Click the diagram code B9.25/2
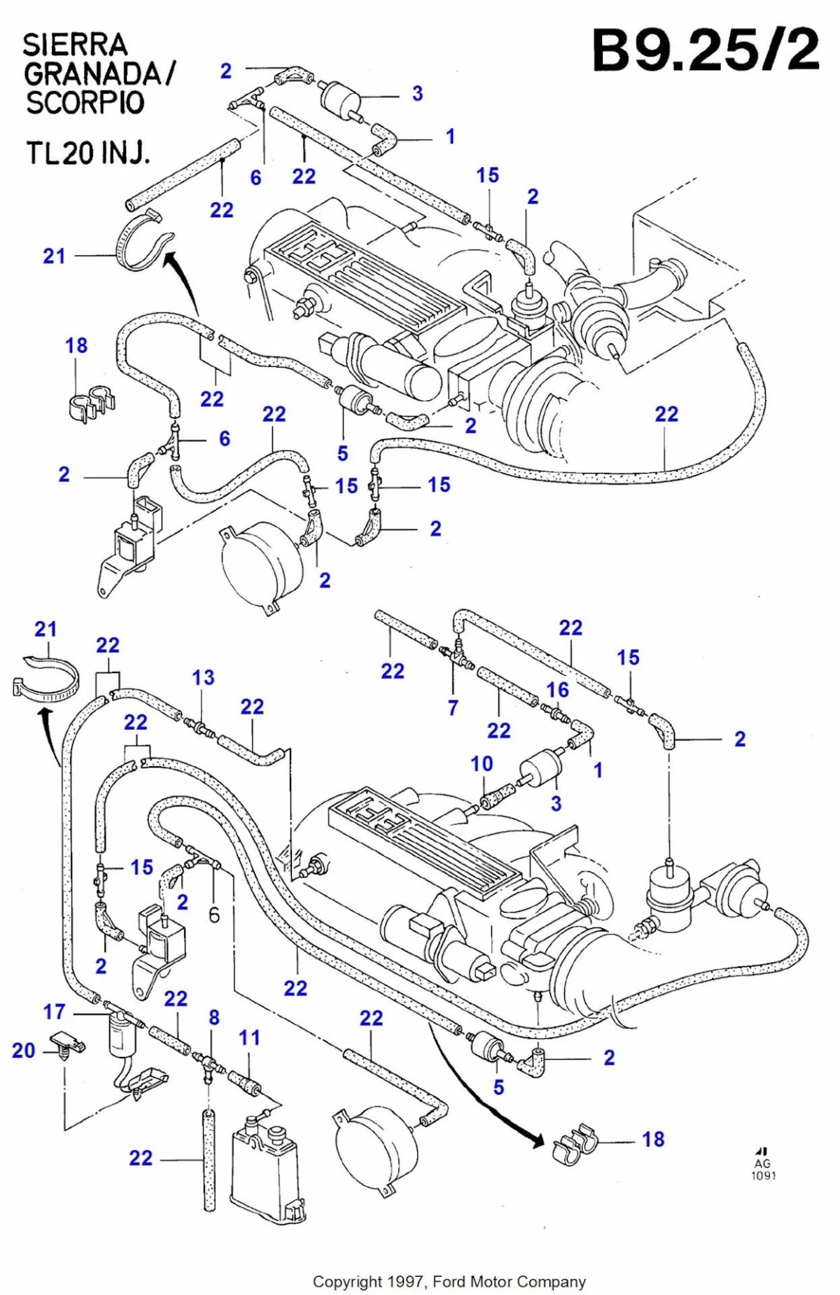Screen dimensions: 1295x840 click(x=705, y=50)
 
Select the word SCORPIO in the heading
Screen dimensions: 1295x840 click(x=85, y=102)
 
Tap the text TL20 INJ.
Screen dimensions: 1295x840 click(x=87, y=152)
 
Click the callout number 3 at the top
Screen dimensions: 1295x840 click(x=417, y=93)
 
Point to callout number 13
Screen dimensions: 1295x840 click(x=203, y=678)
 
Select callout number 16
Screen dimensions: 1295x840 click(x=557, y=690)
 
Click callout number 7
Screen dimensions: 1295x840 click(x=453, y=708)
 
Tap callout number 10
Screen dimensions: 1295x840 click(x=482, y=763)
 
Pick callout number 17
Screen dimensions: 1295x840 click(x=54, y=1011)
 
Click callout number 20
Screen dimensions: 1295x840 click(x=23, y=1050)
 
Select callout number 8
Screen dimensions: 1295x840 click(x=214, y=1017)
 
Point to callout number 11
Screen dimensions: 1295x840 click(x=249, y=1037)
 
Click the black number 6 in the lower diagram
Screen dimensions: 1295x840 click(x=214, y=915)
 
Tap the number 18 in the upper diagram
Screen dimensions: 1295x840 click(x=76, y=345)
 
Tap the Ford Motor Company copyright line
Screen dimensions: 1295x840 click(x=449, y=1282)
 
